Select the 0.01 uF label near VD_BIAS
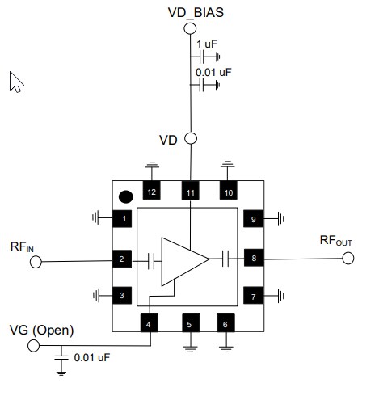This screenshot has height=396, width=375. click(213, 71)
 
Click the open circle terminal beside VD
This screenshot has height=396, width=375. click(191, 138)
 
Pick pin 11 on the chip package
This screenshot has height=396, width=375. click(190, 192)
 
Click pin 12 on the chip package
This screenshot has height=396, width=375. click(151, 192)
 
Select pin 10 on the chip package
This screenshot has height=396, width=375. click(228, 192)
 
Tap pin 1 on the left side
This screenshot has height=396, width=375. click(122, 218)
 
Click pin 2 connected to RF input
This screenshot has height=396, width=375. click(122, 259)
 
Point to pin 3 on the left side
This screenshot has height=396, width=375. click(122, 296)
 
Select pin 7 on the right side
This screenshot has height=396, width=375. click(254, 296)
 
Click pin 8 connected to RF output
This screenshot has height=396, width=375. click(254, 259)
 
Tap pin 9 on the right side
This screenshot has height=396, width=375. click(254, 218)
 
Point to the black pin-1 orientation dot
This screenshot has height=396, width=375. click(126, 195)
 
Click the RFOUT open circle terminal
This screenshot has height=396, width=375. click(348, 259)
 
